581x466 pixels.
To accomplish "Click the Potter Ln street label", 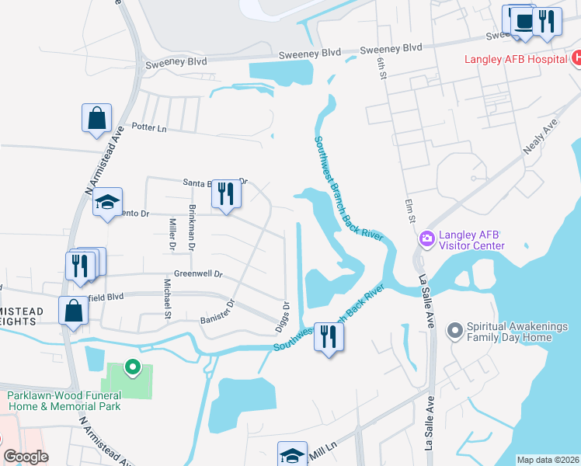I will (x=149, y=127).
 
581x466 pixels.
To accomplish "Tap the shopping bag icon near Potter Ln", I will (x=97, y=120).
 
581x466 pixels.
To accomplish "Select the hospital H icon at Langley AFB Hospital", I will (x=576, y=58).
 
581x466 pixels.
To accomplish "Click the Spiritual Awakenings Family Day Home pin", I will (x=456, y=331).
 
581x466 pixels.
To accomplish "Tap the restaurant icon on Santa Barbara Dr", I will (x=226, y=193).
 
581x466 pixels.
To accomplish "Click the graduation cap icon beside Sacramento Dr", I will (x=107, y=203).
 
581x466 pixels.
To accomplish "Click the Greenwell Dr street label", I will (x=198, y=274).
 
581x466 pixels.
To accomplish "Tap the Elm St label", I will (x=408, y=211).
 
